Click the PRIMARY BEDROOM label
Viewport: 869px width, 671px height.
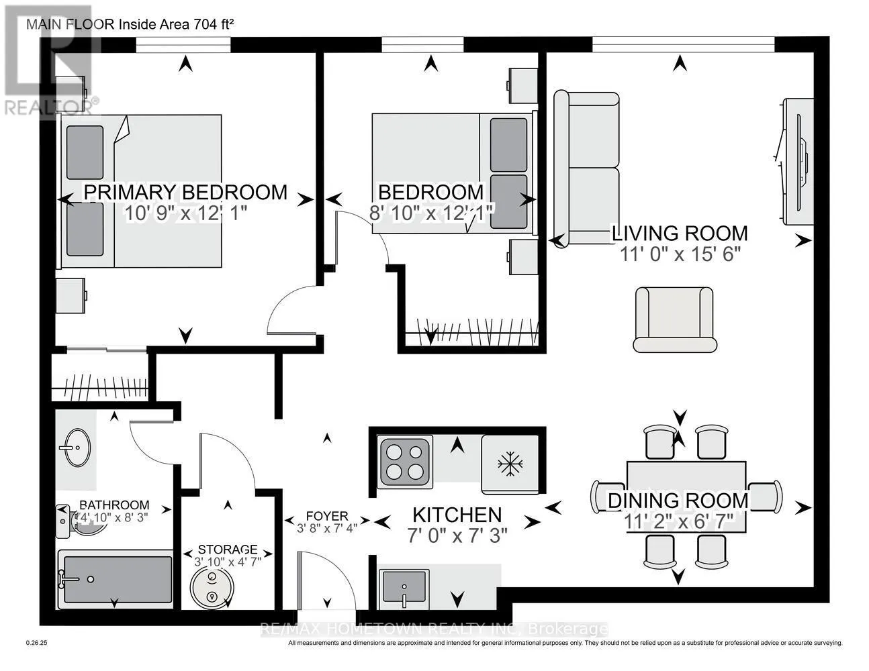(185, 192)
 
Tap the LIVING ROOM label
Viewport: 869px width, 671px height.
(679, 233)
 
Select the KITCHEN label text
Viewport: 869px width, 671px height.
(457, 515)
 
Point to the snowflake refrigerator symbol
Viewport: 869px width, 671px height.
(510, 464)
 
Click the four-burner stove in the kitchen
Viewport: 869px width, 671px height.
(405, 462)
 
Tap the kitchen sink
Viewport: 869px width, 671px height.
(404, 586)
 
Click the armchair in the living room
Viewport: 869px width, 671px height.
(674, 319)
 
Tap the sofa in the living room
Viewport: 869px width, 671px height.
(586, 168)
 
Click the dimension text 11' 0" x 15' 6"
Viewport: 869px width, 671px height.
(679, 255)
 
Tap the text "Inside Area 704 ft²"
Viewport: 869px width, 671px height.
(177, 25)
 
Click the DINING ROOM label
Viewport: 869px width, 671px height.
(678, 500)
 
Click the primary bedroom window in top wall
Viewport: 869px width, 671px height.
(183, 45)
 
